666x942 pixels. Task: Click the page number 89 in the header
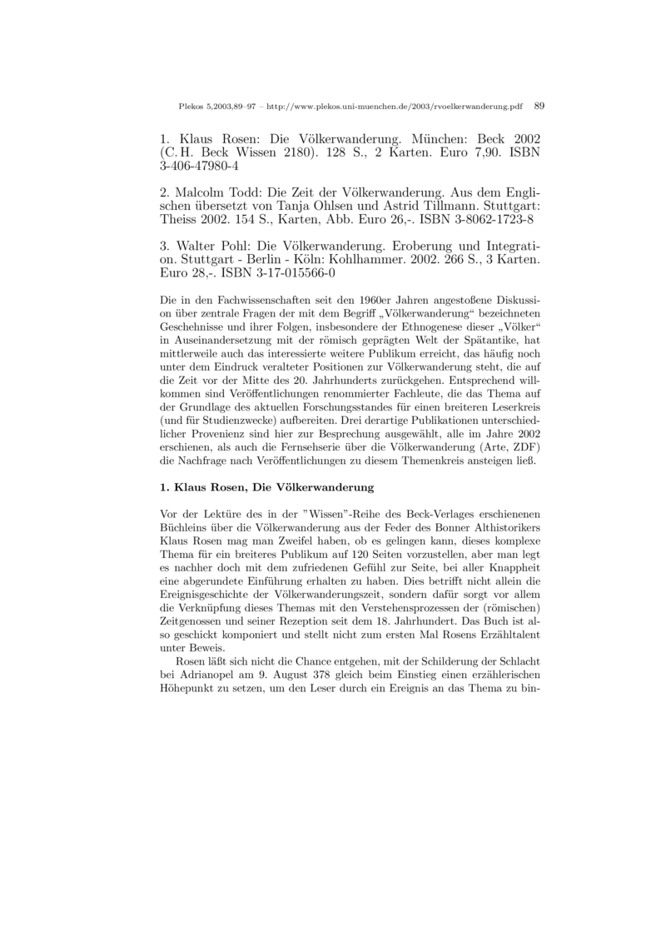[x=539, y=107]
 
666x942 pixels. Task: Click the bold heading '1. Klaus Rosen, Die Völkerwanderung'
[x=266, y=486]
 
